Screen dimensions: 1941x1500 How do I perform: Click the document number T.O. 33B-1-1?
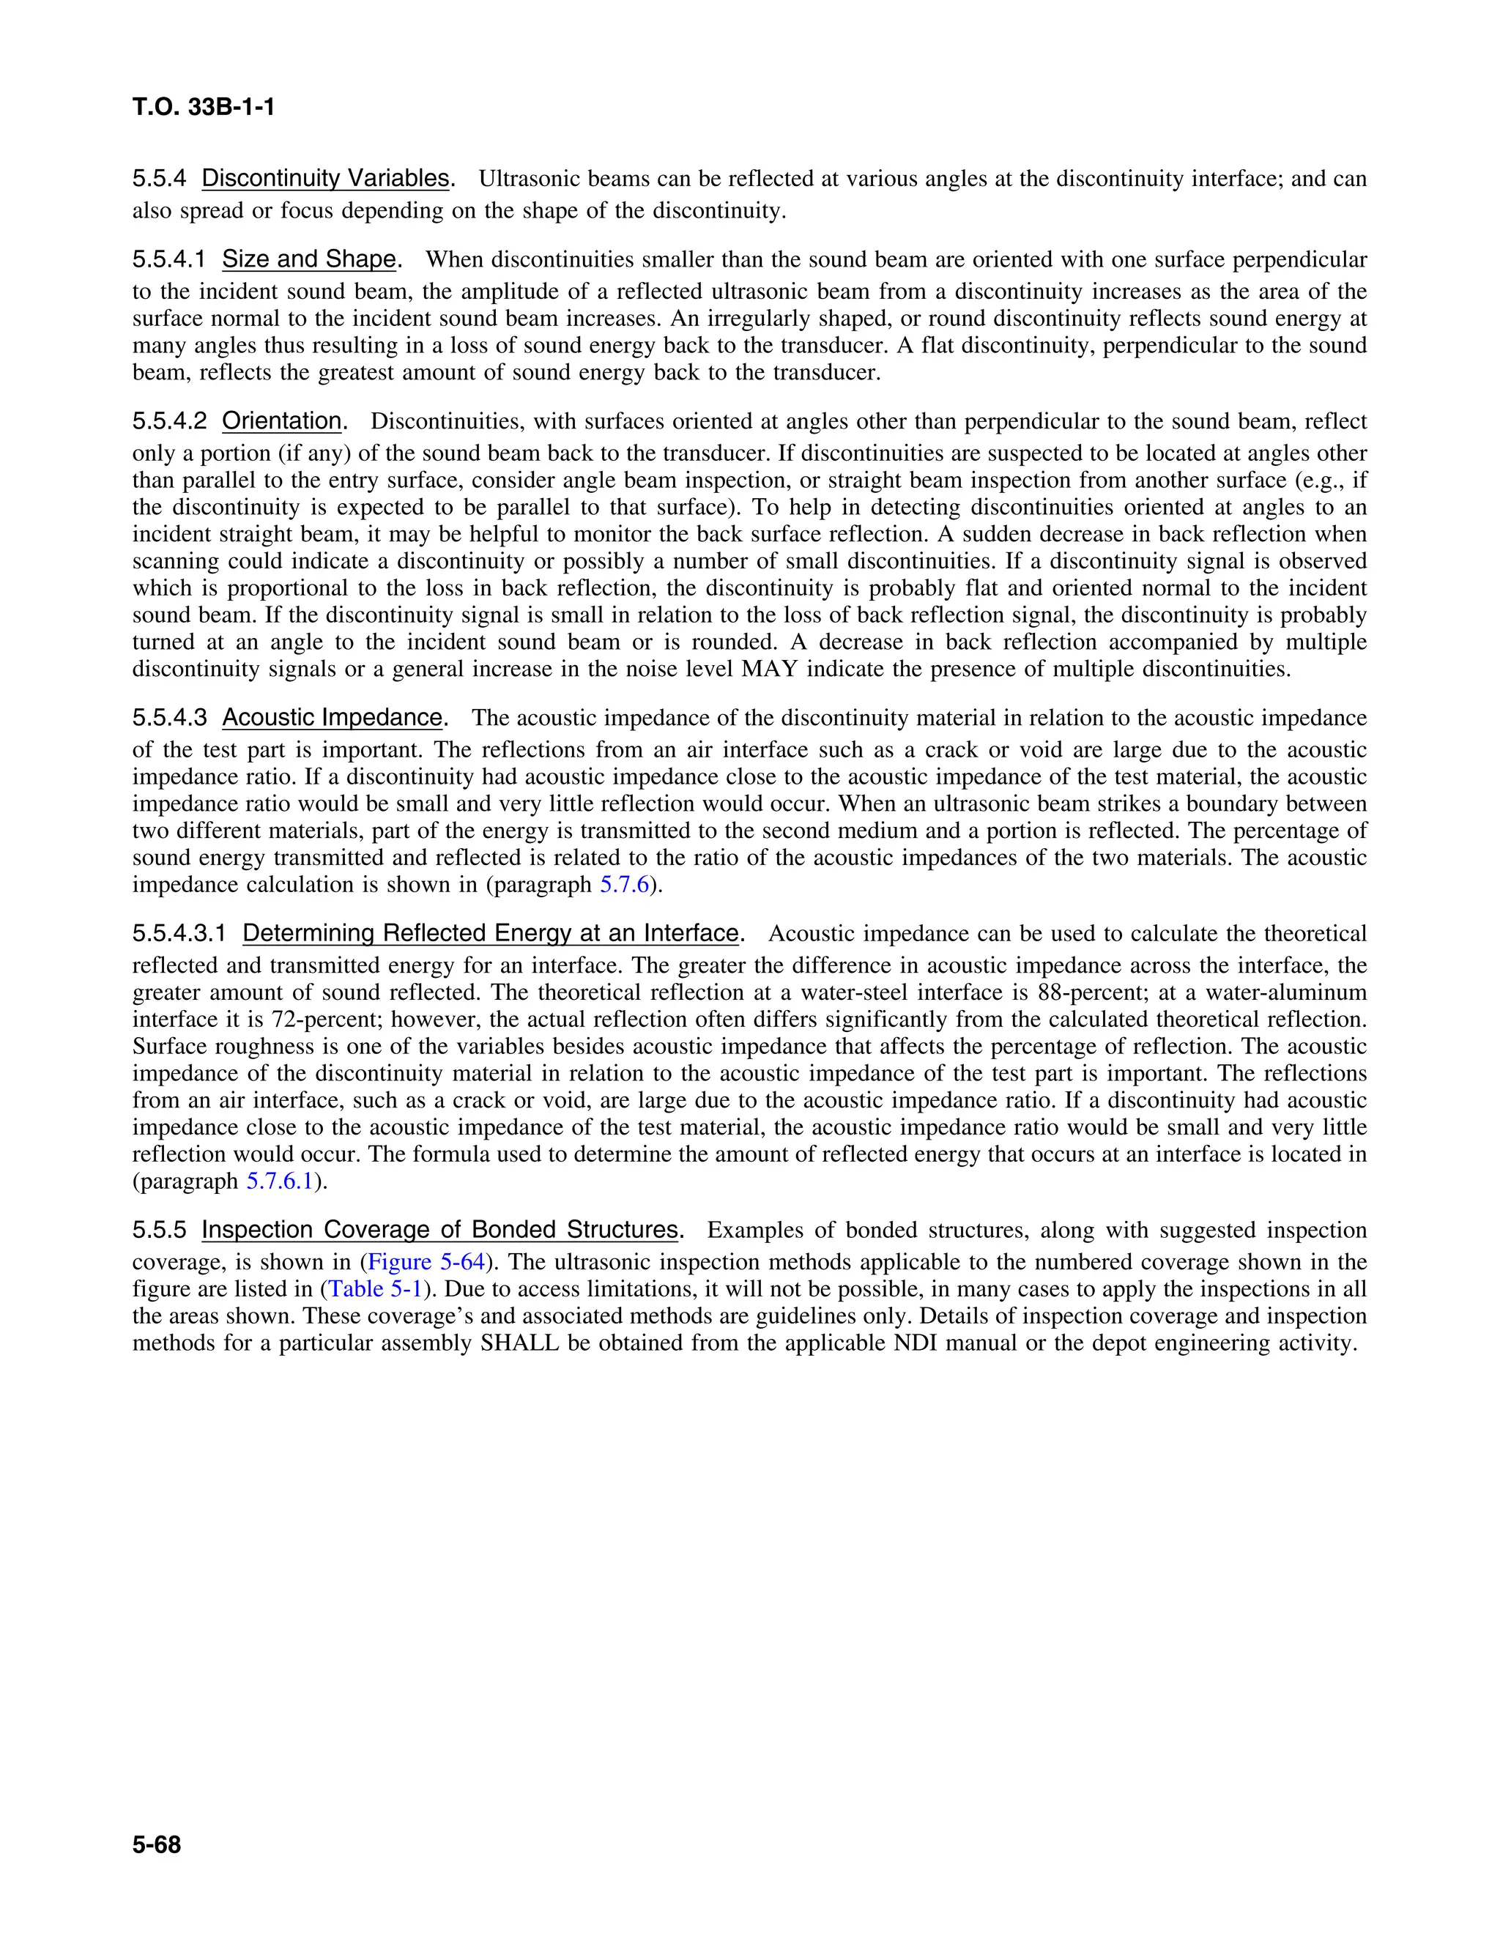[204, 108]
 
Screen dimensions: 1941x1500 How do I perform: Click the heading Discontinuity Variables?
[325, 179]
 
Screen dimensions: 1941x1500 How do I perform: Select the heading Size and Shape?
[308, 259]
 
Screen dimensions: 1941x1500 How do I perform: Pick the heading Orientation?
[282, 421]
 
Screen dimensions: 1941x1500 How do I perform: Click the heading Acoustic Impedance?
[332, 718]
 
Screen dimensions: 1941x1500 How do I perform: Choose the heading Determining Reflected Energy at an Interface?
[491, 934]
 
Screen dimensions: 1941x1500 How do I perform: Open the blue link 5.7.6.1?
[279, 1182]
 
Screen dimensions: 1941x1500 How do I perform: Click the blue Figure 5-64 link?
[426, 1263]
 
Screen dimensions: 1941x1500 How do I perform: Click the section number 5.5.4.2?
[169, 421]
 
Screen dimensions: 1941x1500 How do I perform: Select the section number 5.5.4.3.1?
[179, 934]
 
